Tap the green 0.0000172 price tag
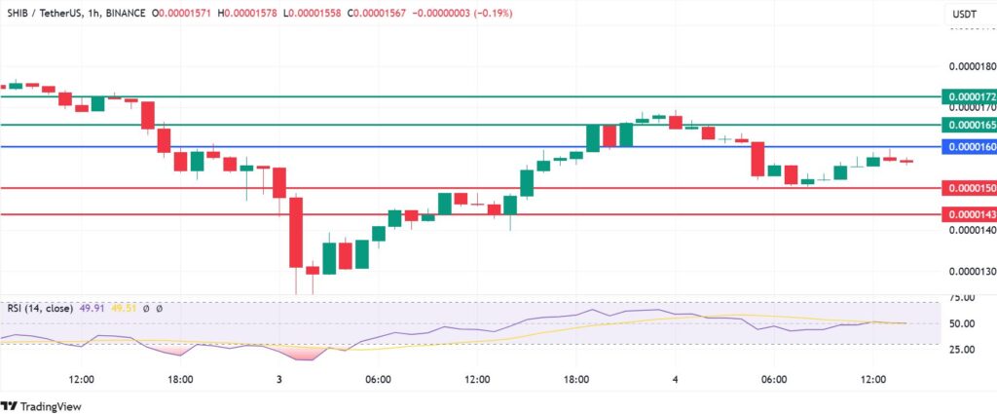click(x=970, y=97)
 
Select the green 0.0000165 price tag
click(x=970, y=125)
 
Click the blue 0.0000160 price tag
click(x=970, y=146)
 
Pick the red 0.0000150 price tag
click(x=970, y=187)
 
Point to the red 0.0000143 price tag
click(x=970, y=213)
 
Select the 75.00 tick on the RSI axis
click(x=964, y=299)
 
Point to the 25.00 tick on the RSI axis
click(x=964, y=349)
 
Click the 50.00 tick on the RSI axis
click(x=964, y=323)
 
